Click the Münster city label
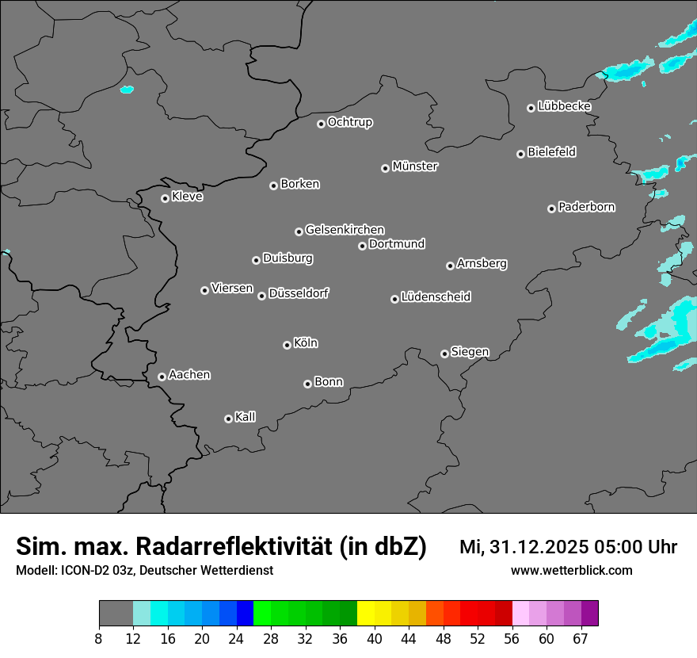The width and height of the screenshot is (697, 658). [x=415, y=166]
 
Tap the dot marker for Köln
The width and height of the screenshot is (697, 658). [x=287, y=345]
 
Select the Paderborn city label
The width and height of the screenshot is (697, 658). [x=587, y=207]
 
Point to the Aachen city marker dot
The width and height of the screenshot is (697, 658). [x=162, y=377]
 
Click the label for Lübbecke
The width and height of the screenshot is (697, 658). [x=564, y=106]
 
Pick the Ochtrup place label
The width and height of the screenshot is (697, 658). [x=350, y=122]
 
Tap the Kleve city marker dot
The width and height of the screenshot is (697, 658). [x=165, y=198]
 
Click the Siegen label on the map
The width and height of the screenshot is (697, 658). [x=470, y=352]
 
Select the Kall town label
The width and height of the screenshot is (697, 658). [x=246, y=417]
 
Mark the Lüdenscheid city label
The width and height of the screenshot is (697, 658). [x=436, y=297]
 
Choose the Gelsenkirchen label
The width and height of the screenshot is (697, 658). [x=345, y=230]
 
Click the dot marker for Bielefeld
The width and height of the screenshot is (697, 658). [x=520, y=154]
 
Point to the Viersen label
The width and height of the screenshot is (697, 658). [x=232, y=289]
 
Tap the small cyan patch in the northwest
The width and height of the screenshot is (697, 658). [x=127, y=90]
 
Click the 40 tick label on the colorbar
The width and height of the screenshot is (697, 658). [x=375, y=638]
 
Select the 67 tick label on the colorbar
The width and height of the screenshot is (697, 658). [x=581, y=638]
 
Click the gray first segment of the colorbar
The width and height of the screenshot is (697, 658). [x=116, y=614]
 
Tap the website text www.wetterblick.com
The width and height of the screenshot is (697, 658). [x=571, y=571]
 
